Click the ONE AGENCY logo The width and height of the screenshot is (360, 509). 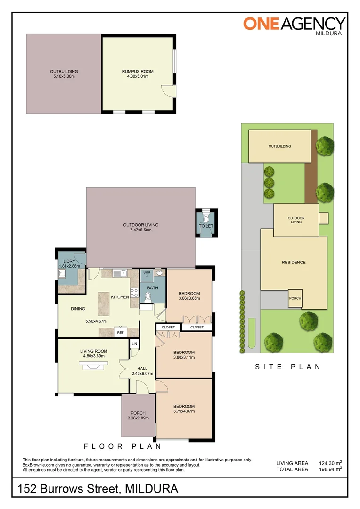(295, 25)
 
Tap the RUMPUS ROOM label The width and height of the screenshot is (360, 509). (138, 72)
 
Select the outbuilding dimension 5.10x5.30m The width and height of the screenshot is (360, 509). (64, 76)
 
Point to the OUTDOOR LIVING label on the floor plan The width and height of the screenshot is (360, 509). (140, 225)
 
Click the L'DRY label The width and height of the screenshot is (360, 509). (69, 261)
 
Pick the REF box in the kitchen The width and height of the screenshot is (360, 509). (120, 332)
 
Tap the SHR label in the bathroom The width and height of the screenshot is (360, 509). (146, 273)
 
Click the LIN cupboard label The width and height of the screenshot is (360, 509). (134, 343)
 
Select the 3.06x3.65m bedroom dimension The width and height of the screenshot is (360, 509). (189, 298)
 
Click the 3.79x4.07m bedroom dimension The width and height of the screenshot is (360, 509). (183, 411)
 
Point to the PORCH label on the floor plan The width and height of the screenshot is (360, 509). (138, 413)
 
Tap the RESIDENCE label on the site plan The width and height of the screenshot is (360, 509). (294, 263)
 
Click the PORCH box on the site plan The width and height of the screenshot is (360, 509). (295, 298)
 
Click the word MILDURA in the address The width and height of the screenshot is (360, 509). (152, 489)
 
